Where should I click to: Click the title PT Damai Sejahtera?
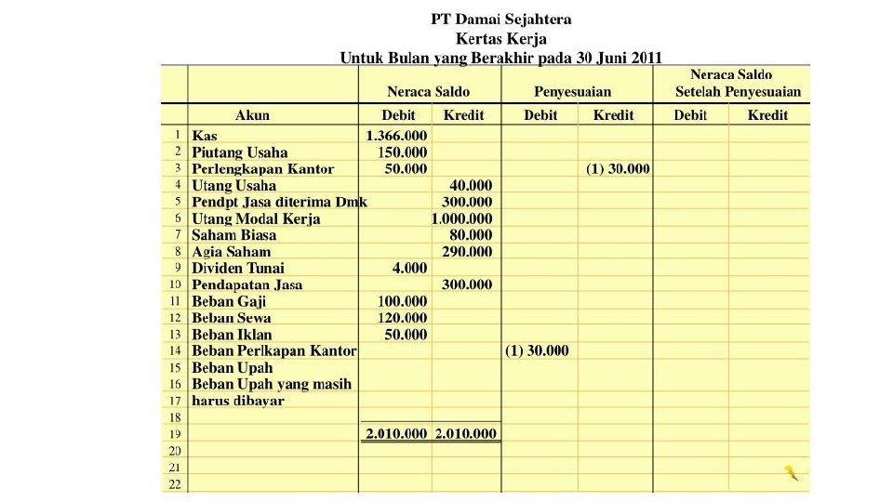(x=500, y=19)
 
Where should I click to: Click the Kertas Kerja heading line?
(x=500, y=38)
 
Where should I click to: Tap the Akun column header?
(x=252, y=115)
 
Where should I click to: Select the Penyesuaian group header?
(x=572, y=91)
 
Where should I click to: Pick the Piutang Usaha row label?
(x=239, y=152)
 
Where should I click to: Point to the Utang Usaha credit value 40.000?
(x=471, y=186)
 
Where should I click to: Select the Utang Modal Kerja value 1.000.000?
(x=462, y=219)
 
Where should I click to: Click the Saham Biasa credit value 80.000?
(x=471, y=235)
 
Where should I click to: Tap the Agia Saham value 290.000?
(x=467, y=252)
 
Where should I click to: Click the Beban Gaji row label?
(x=229, y=301)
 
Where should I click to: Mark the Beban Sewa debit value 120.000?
(x=402, y=318)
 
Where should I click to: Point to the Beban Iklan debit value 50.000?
(x=406, y=335)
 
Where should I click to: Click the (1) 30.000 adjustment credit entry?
(x=618, y=169)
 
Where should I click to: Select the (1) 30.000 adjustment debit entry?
(x=537, y=351)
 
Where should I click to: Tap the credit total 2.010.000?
(x=466, y=434)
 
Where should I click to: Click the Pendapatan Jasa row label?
(x=247, y=285)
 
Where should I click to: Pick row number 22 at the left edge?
(x=174, y=484)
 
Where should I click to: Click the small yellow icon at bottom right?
(x=791, y=472)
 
